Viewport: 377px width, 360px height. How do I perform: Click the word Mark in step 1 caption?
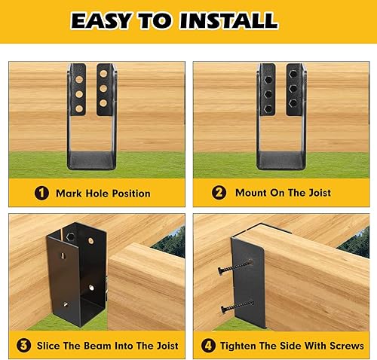[x=69, y=194]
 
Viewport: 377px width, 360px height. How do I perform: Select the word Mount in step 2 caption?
[x=252, y=194]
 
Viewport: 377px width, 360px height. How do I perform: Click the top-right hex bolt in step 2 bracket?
[x=290, y=75]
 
